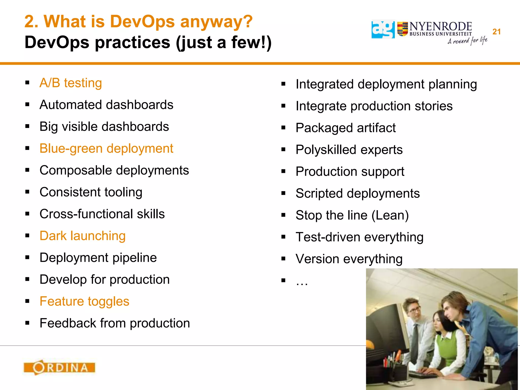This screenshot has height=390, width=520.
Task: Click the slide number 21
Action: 496,32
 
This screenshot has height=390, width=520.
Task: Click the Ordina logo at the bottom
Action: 59,367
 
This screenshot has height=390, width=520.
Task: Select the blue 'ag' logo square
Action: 383,29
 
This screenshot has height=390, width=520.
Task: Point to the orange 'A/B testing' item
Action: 71,83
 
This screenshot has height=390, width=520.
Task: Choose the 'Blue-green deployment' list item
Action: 106,149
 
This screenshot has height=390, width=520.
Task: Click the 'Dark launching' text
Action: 83,236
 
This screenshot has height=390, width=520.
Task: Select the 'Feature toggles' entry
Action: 84,301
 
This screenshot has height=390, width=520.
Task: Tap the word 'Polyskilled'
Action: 326,150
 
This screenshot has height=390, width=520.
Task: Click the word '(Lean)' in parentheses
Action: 390,215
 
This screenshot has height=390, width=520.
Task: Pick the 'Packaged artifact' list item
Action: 346,128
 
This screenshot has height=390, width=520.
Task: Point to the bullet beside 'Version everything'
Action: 283,259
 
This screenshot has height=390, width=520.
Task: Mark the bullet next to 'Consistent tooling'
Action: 27,192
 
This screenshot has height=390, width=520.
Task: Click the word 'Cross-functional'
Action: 86,214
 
